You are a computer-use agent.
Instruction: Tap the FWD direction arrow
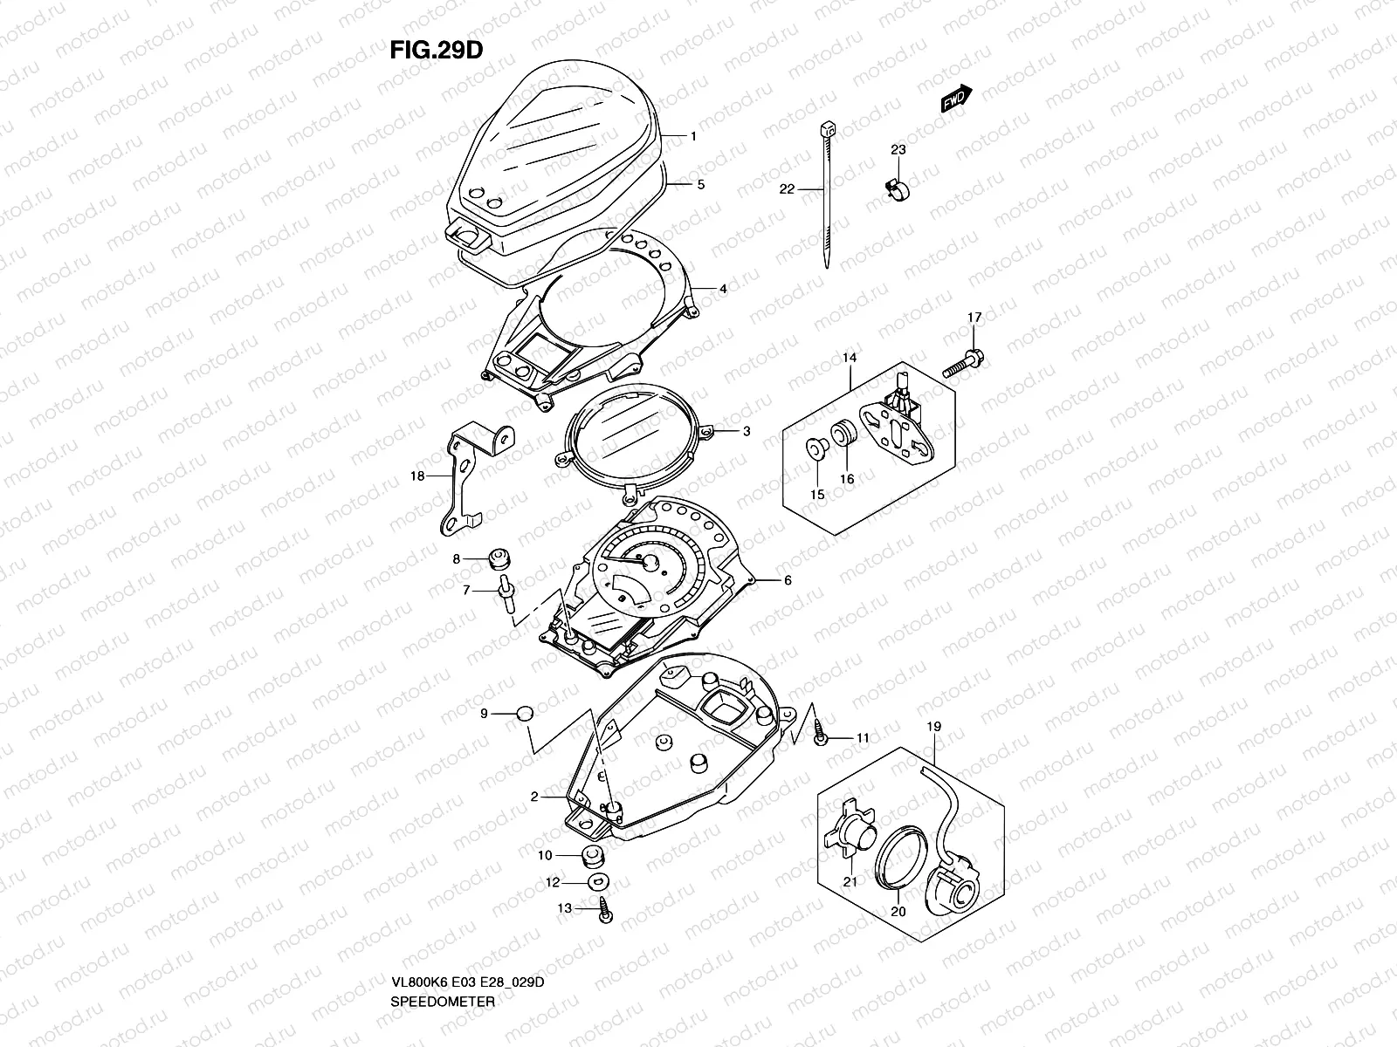click(956, 99)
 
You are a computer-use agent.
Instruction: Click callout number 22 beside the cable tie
click(786, 188)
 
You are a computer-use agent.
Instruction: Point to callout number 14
click(850, 358)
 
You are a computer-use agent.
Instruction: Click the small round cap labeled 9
click(524, 713)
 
